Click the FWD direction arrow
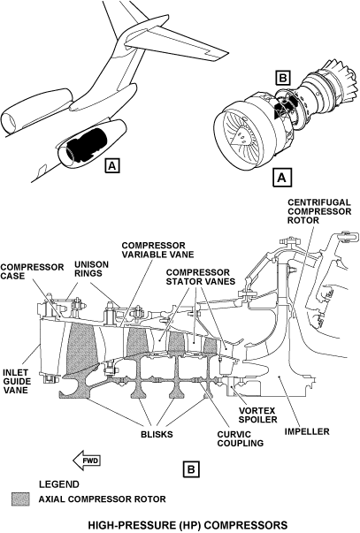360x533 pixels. click(87, 461)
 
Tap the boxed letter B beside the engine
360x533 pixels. click(282, 78)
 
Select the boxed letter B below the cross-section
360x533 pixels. click(191, 469)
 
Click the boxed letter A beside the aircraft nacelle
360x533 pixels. click(112, 165)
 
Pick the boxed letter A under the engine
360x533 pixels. click(282, 177)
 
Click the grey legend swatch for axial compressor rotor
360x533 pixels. click(20, 499)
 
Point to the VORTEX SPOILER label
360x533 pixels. click(257, 415)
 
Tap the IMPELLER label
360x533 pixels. click(307, 431)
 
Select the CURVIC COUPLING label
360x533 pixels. click(241, 438)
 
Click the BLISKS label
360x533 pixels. click(157, 434)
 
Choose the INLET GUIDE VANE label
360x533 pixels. click(17, 381)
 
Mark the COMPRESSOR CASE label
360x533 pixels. click(32, 271)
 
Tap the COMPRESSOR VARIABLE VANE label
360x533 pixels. click(157, 250)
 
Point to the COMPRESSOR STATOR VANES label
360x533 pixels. click(201, 277)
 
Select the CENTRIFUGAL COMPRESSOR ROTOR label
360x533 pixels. click(319, 211)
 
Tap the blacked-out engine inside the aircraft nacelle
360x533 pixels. click(86, 144)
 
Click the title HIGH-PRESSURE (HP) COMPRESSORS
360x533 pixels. click(188, 525)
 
